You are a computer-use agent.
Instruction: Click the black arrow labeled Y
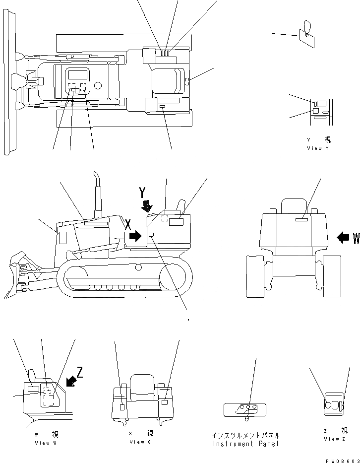[147, 204]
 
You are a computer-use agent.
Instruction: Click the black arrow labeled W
[343, 238]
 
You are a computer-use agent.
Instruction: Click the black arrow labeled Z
[71, 381]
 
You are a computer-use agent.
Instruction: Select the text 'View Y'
[317, 148]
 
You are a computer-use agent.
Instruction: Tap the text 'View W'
[46, 443]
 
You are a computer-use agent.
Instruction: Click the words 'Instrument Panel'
[245, 444]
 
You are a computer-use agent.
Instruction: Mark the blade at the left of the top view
[7, 82]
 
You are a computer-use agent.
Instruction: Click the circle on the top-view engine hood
[98, 85]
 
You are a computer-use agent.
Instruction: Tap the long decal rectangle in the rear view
[302, 219]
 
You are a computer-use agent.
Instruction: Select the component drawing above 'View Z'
[333, 403]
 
